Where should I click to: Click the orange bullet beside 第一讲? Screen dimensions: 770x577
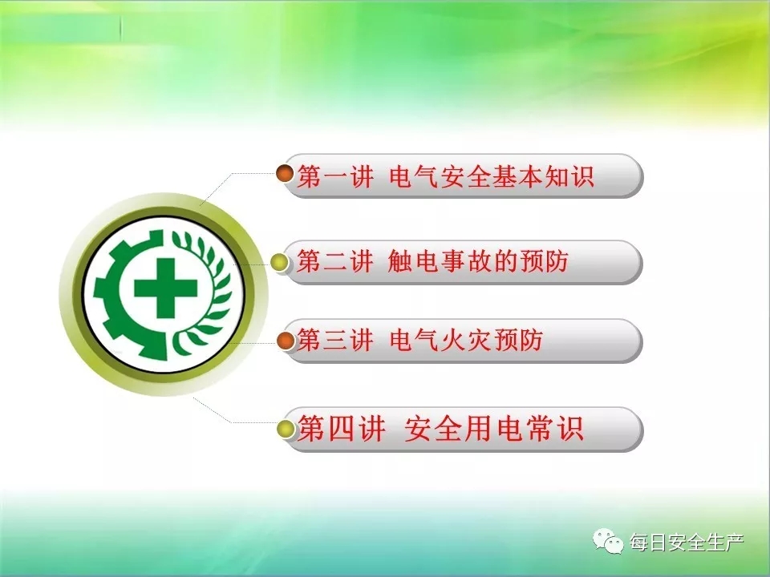pos(285,173)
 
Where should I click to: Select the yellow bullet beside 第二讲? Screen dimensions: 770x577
pos(280,262)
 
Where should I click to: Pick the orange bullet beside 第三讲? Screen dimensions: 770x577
pos(286,341)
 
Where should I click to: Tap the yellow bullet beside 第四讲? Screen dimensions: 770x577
pos(286,429)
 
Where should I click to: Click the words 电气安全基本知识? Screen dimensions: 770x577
pos(492,176)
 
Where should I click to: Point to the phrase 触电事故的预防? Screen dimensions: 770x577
pos(478,260)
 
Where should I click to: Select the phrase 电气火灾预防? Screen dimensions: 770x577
pos(466,340)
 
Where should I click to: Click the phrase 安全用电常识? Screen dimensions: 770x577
pos(493,428)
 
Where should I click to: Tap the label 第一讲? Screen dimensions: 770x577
pos(335,176)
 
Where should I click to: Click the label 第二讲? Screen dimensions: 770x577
pos(335,260)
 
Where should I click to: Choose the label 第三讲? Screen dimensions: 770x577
pos(335,340)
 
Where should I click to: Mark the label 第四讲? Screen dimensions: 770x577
pos(341,428)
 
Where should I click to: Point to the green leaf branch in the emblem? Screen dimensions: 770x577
pos(205,294)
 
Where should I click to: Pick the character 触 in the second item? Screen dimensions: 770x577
pos(399,260)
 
